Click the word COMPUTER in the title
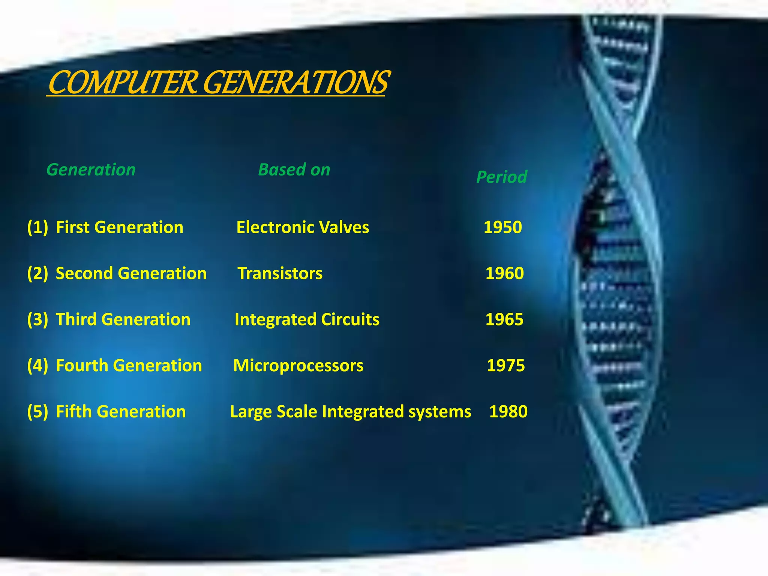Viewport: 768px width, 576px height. point(122,83)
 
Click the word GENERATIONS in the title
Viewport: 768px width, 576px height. point(296,83)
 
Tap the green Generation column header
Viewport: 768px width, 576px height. point(91,170)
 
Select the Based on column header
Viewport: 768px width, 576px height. point(294,170)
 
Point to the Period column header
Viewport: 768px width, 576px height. point(501,177)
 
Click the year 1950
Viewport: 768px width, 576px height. point(502,227)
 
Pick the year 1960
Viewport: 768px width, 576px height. point(504,273)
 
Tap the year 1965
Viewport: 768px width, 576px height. point(504,319)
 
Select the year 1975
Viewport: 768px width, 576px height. point(505,366)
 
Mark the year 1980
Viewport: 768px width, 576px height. point(508,412)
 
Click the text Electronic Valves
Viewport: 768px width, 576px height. point(303,227)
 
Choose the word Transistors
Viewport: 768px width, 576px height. point(280,273)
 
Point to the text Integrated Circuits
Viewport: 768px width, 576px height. point(307,319)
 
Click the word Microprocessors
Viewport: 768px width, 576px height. point(298,366)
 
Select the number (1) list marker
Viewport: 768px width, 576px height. point(37,227)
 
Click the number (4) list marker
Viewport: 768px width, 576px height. point(37,366)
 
